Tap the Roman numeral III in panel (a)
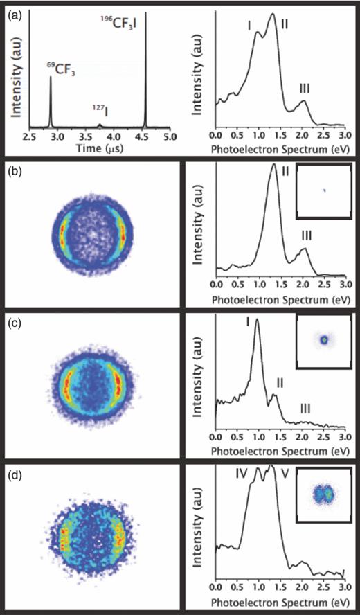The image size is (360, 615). [x=305, y=88]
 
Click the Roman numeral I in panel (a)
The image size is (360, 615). [x=248, y=26]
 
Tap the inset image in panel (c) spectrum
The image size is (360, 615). [x=323, y=340]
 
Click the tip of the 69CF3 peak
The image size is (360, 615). [x=51, y=77]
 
